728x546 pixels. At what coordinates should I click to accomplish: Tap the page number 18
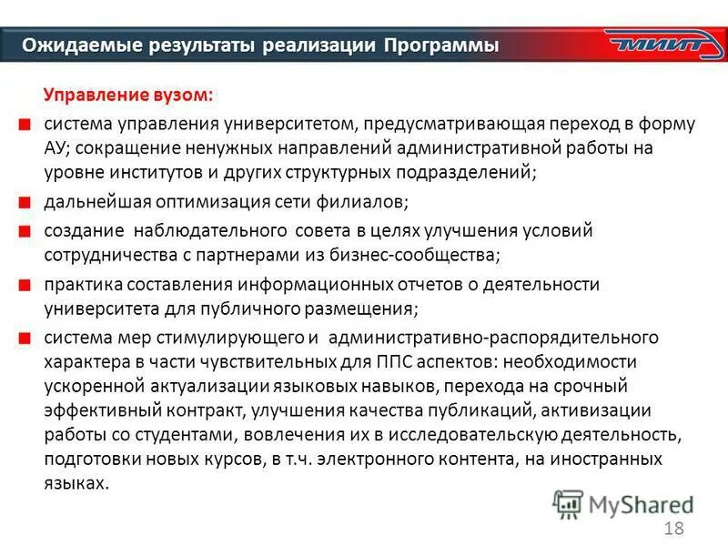(x=674, y=529)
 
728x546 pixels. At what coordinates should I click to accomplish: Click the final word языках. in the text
(x=76, y=483)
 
